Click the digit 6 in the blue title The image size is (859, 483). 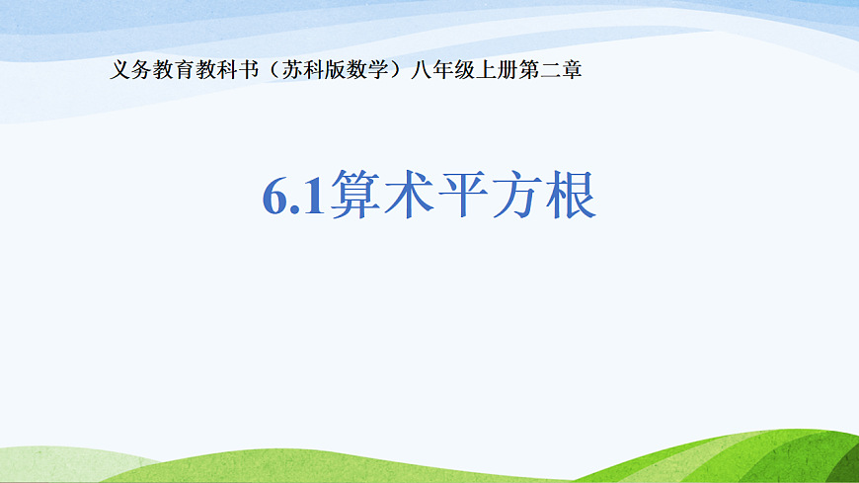tap(275, 198)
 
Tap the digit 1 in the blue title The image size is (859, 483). tap(314, 198)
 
